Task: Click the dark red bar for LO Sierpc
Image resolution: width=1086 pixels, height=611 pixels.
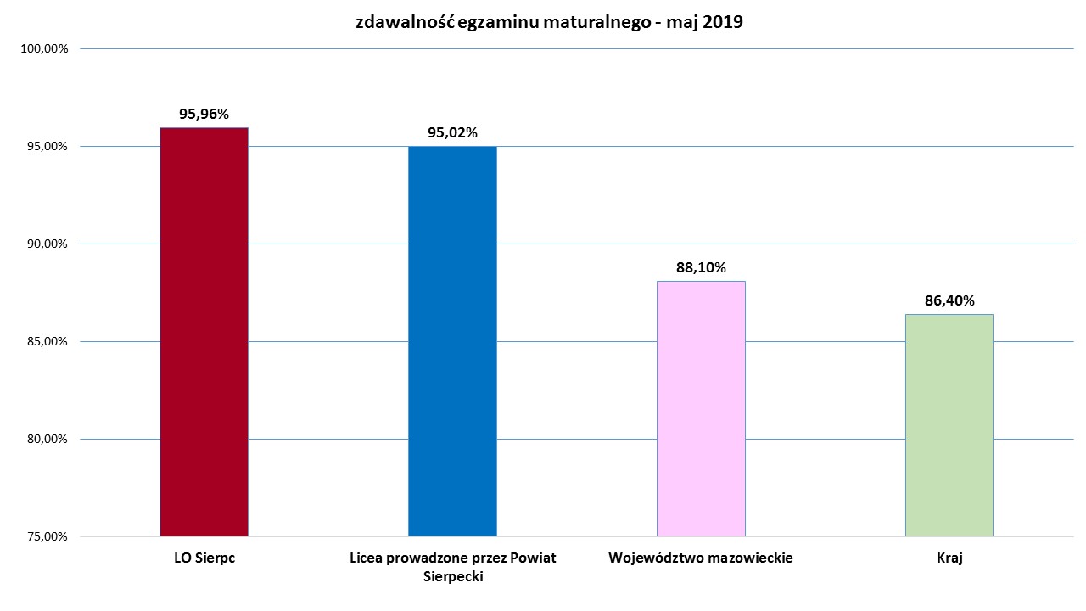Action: [x=204, y=332]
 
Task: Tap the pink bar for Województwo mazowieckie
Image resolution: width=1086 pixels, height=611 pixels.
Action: [x=701, y=408]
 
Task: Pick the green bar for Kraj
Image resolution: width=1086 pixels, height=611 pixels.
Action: [x=949, y=425]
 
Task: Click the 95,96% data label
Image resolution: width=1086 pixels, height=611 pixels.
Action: [x=204, y=114]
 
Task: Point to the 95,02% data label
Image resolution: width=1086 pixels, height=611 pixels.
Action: [x=452, y=132]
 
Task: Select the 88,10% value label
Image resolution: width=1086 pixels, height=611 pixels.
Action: [x=701, y=267]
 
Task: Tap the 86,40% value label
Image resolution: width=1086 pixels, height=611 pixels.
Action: [x=949, y=300]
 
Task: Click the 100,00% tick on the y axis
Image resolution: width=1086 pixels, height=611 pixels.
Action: [x=43, y=49]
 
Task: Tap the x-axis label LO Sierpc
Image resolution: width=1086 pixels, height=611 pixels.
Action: [x=204, y=558]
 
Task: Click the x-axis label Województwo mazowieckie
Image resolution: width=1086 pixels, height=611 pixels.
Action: [x=701, y=558]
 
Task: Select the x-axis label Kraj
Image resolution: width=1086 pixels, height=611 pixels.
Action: [x=949, y=558]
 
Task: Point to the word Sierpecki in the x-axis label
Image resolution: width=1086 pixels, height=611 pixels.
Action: [x=452, y=577]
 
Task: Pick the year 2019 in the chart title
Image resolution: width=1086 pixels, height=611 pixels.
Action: [x=722, y=23]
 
